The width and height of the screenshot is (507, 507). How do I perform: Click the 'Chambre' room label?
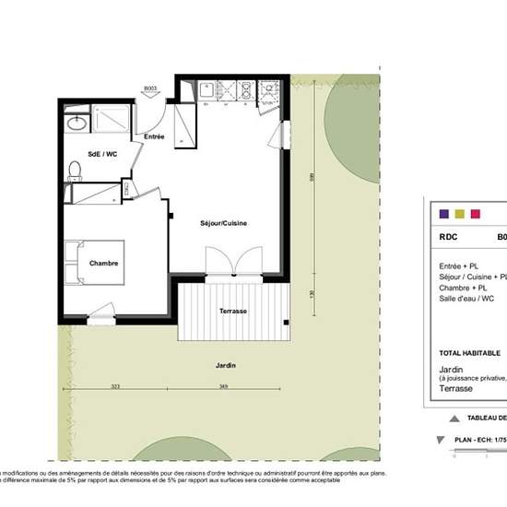pos(104,264)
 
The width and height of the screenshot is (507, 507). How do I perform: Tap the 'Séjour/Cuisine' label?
pos(223,224)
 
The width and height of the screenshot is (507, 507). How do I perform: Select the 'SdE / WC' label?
pos(101,153)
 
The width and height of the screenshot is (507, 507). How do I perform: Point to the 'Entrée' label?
pos(154,136)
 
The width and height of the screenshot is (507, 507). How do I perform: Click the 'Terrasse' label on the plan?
pos(232,312)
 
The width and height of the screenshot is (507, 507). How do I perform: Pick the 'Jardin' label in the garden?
pos(227,366)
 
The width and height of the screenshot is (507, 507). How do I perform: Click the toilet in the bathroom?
pos(75,169)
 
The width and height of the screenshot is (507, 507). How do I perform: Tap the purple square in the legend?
pos(444,214)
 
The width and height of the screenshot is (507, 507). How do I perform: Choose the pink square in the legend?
pos(476,214)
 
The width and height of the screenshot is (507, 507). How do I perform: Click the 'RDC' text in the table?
pos(449,236)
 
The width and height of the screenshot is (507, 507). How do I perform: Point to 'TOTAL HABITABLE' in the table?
pos(469,353)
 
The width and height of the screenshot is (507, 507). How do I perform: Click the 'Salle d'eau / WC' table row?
pos(466,299)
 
